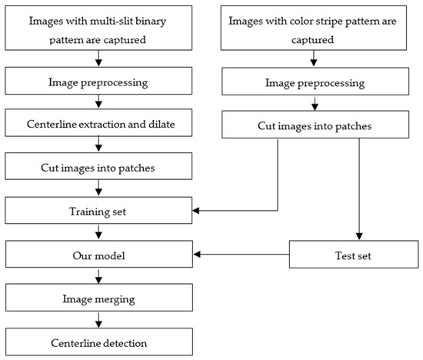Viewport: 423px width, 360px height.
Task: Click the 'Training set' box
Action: coord(98,209)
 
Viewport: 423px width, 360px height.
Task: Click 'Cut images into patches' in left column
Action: coord(98,165)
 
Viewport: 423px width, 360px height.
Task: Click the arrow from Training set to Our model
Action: coord(98,231)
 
